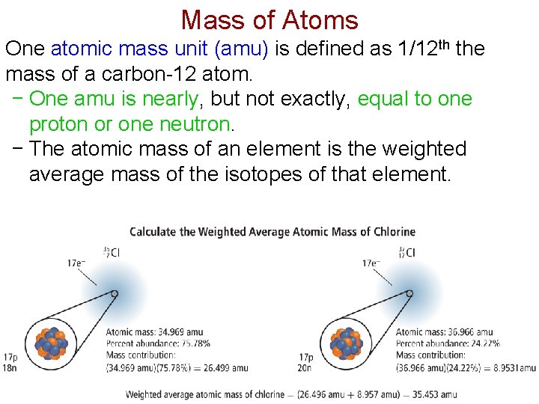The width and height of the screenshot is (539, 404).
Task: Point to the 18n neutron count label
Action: click(10, 367)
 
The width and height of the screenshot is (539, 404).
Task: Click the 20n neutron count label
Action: click(305, 367)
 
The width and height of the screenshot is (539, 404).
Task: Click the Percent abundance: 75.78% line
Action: click(158, 344)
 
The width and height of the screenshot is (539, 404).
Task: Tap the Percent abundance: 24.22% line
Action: click(448, 344)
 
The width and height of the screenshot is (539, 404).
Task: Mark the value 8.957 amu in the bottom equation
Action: click(368, 394)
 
